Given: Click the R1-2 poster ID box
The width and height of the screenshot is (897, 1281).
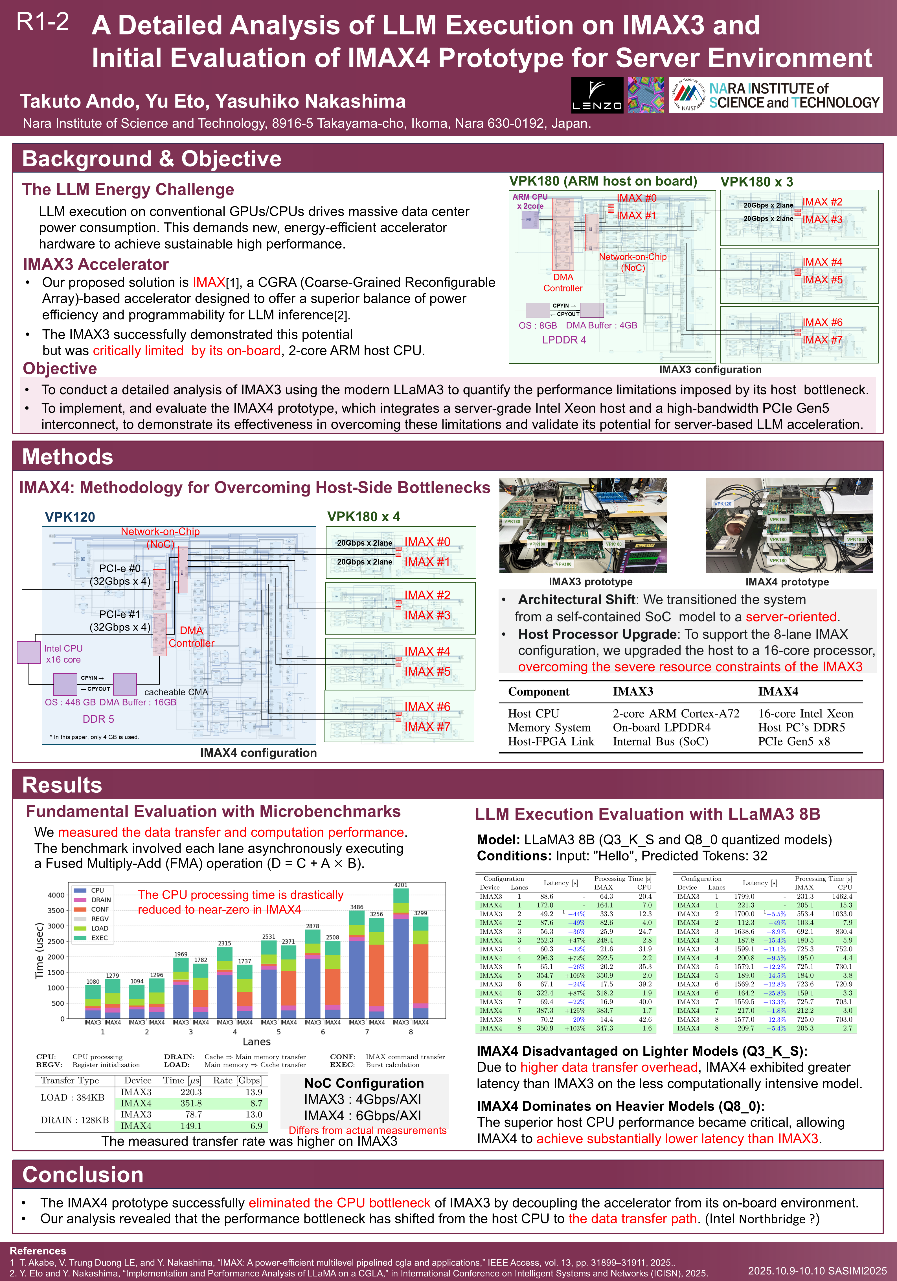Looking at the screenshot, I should [x=43, y=21].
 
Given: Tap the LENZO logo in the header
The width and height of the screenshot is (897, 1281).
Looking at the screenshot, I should [x=597, y=95].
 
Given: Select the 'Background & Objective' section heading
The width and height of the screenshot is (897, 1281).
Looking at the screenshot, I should [x=152, y=159].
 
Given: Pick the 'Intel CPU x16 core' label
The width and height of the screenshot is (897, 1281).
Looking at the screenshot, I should [x=63, y=654].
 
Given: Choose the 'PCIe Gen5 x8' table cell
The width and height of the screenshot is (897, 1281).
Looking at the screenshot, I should [x=794, y=742].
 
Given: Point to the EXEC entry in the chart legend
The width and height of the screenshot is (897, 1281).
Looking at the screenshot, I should [x=99, y=938].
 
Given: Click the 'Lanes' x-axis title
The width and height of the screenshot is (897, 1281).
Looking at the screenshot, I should [x=256, y=1042].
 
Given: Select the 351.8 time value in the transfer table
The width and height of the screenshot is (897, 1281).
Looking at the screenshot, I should [x=191, y=1103].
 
